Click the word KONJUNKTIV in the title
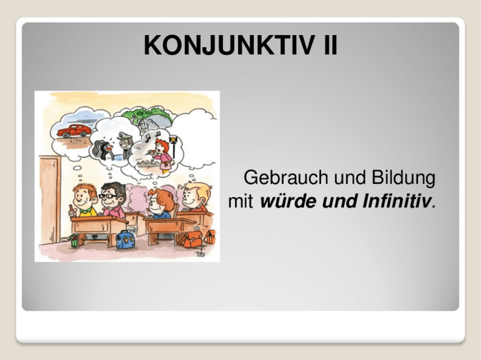[230, 45]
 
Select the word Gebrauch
[286, 179]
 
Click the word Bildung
[403, 179]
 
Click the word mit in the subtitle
[241, 201]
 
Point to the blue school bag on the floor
[123, 239]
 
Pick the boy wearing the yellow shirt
[85, 204]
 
